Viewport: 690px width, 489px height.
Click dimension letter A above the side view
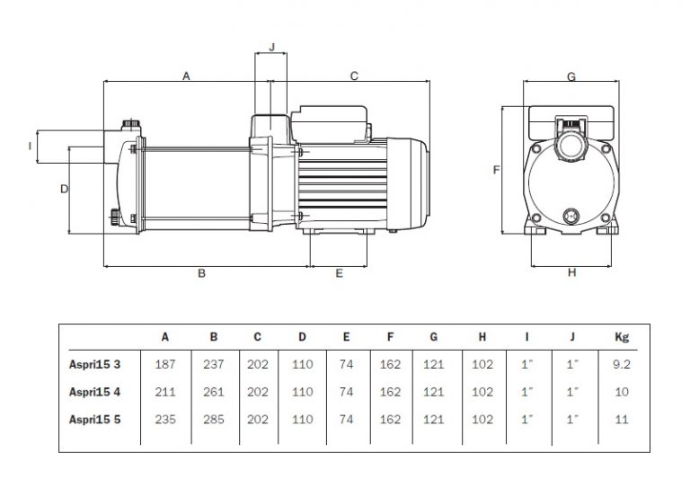pos(186,76)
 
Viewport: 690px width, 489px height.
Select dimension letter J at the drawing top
pos(271,47)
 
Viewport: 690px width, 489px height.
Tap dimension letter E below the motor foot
pos(339,273)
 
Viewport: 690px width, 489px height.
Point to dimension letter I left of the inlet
pos(30,146)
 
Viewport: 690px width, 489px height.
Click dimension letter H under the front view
pos(571,273)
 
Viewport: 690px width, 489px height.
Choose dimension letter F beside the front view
pos(496,170)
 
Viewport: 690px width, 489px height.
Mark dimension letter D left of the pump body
pos(65,189)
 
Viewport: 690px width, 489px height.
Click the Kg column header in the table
pos(622,337)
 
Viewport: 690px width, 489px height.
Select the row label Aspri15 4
pos(94,392)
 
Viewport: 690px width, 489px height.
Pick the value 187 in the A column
pos(165,364)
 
